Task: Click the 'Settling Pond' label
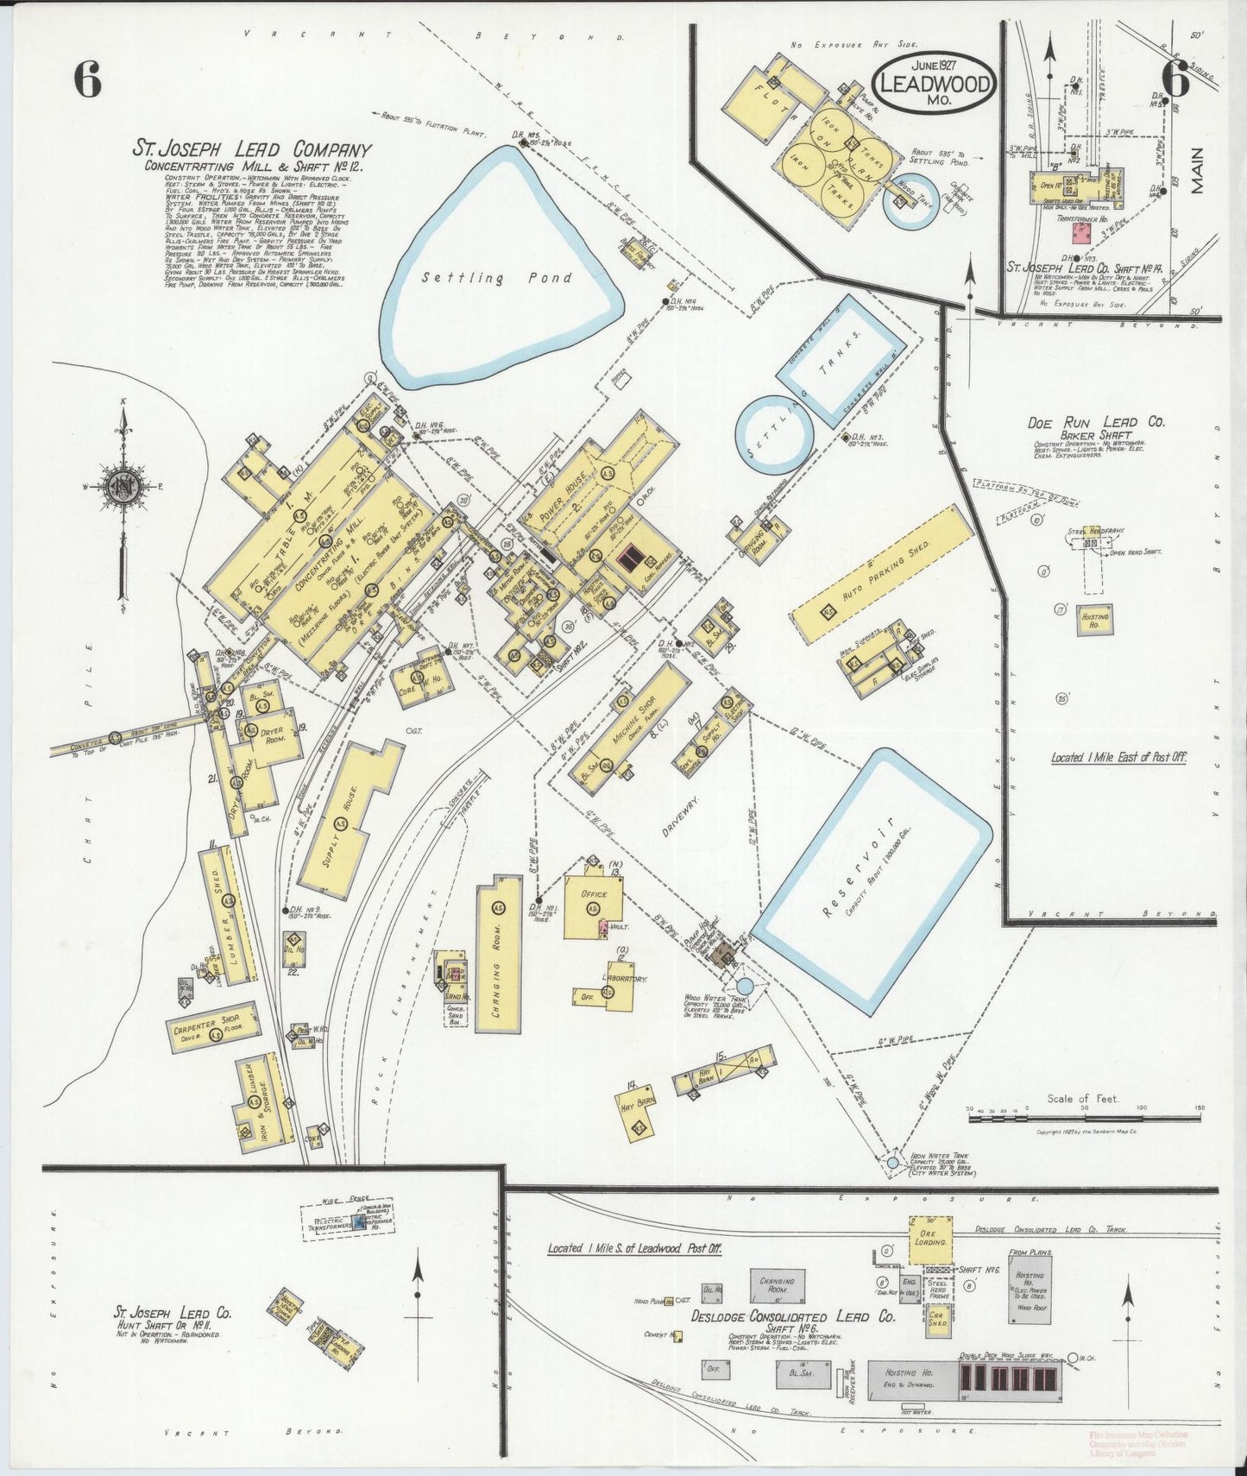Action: pos(496,278)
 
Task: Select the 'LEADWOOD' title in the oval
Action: pos(935,83)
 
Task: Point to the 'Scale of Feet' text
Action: pos(1082,1099)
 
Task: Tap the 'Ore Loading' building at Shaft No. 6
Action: pos(930,1241)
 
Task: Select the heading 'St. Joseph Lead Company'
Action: pos(251,149)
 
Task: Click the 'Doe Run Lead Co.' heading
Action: pos(1095,422)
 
